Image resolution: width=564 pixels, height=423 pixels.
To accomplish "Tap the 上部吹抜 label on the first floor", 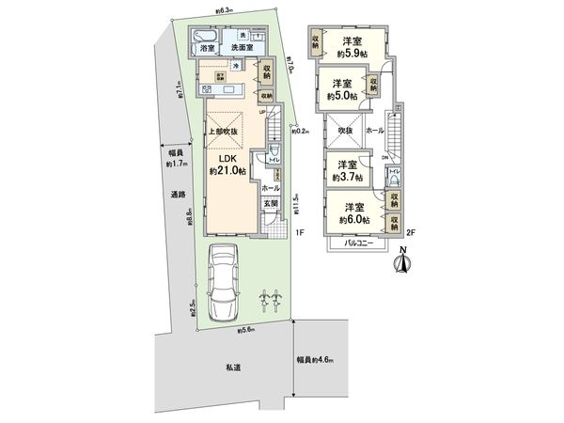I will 225,132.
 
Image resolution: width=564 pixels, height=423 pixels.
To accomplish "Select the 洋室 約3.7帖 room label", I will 352,172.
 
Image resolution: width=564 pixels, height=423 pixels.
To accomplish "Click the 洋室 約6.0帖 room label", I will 354,212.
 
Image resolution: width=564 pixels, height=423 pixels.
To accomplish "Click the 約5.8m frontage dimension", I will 247,330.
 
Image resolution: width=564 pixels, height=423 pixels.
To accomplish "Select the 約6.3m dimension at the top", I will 224,12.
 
